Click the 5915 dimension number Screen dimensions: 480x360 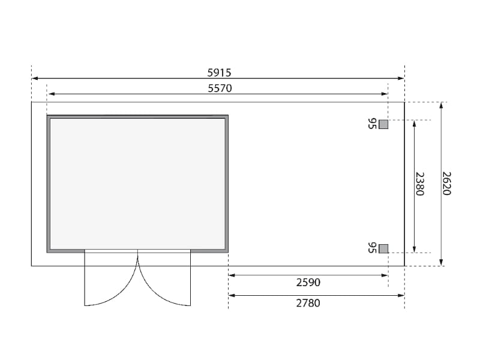point(219,73)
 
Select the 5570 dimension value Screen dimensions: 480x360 point(220,88)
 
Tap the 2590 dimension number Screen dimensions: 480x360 point(308,282)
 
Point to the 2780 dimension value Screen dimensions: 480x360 point(308,303)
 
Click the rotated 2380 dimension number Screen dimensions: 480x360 point(419,184)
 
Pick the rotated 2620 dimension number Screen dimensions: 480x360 point(446,184)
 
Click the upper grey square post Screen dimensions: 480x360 point(383,124)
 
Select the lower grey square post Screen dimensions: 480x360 point(383,248)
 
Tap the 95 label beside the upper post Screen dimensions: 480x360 point(372,124)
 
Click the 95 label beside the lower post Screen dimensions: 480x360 point(372,248)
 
